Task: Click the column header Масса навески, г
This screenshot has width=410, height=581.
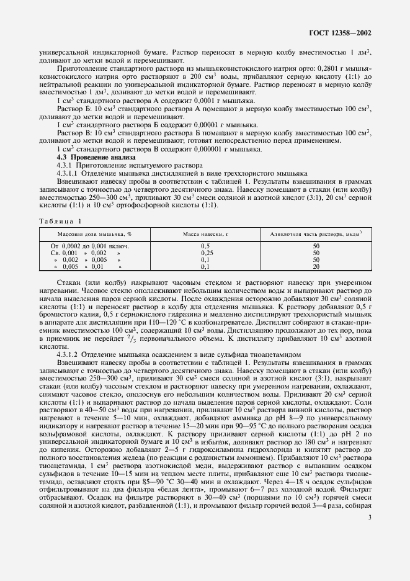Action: coord(206,233)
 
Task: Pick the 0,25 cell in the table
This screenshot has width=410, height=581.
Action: coord(206,253)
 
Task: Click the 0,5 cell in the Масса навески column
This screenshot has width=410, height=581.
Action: coord(206,246)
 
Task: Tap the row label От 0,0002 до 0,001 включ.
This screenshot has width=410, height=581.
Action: coord(89,246)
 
